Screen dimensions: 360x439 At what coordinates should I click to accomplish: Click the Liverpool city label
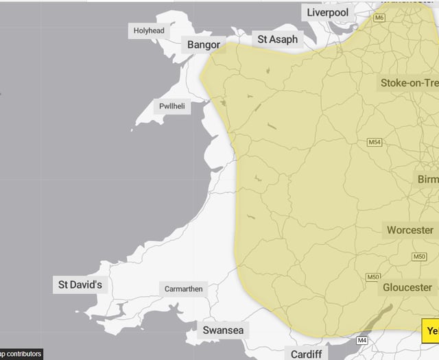click(x=328, y=12)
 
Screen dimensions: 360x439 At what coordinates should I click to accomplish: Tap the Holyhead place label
click(x=149, y=31)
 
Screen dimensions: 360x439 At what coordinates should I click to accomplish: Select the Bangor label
click(x=204, y=45)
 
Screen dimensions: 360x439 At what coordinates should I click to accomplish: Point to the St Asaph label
click(x=277, y=39)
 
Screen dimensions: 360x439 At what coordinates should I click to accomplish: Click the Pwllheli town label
click(x=171, y=106)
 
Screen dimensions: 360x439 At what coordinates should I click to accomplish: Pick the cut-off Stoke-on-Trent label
click(x=409, y=84)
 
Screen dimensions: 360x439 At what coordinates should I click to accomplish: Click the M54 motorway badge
click(x=374, y=143)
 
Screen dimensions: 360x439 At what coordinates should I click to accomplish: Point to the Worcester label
click(x=410, y=230)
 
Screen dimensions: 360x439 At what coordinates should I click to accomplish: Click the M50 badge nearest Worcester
click(x=420, y=256)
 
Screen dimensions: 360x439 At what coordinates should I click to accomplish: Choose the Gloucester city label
click(x=407, y=287)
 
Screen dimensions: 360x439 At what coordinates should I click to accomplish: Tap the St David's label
click(x=80, y=284)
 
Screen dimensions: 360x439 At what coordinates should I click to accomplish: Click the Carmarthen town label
click(x=183, y=289)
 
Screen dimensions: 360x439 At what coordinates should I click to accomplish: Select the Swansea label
click(x=222, y=331)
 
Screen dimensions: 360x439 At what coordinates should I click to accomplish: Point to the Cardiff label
click(x=306, y=354)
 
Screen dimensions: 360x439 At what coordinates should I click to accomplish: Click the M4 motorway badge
click(x=361, y=340)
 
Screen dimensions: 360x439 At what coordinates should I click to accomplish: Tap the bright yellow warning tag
click(x=430, y=331)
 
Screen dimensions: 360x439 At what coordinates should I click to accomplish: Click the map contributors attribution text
click(x=21, y=355)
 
